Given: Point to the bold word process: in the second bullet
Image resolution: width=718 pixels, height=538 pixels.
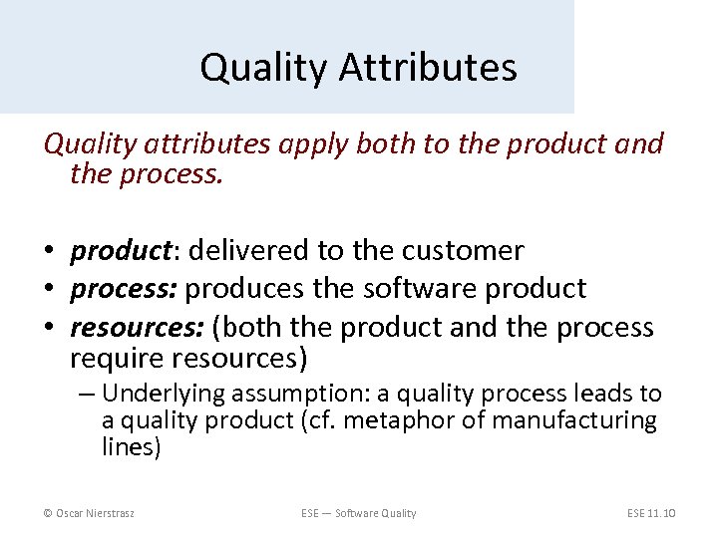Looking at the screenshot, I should point(124,289).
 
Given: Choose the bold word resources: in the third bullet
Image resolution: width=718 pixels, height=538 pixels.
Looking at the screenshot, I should point(135,327).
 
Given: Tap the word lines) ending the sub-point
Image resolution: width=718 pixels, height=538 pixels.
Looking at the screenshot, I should point(131,447).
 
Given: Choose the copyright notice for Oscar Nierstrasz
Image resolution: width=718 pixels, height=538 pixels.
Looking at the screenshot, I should point(90,513).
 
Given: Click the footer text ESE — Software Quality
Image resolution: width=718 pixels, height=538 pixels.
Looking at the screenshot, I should point(359,513).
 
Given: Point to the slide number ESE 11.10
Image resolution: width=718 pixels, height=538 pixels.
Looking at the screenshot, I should point(652,513).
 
